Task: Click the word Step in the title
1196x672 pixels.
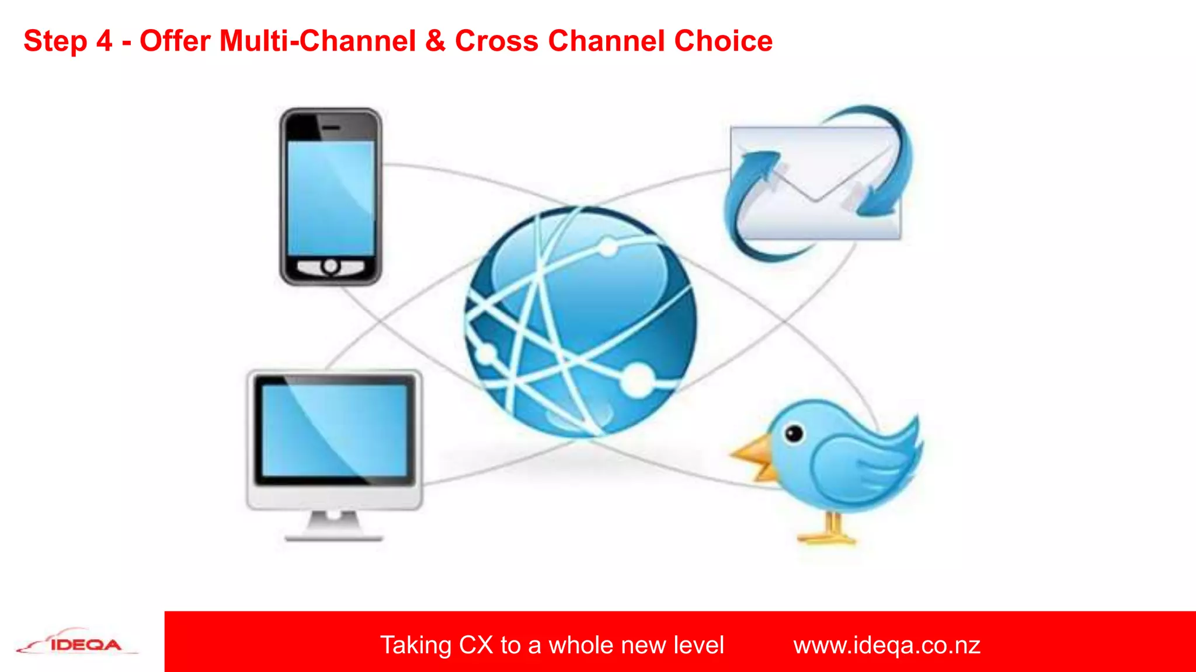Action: tap(55, 42)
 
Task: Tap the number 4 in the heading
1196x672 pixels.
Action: tap(104, 41)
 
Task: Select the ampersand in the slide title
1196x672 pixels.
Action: tap(435, 41)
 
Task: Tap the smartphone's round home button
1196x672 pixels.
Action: tap(331, 267)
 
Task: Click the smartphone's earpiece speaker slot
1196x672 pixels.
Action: tap(332, 127)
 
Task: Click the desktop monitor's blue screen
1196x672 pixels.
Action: tap(334, 430)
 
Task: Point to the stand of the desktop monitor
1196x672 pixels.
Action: tap(333, 525)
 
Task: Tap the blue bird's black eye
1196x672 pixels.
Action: tap(794, 433)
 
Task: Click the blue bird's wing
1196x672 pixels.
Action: tap(858, 467)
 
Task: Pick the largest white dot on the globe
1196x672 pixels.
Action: tap(638, 380)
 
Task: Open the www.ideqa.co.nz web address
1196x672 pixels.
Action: tap(886, 645)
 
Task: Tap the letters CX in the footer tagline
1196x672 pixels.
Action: tap(475, 645)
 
